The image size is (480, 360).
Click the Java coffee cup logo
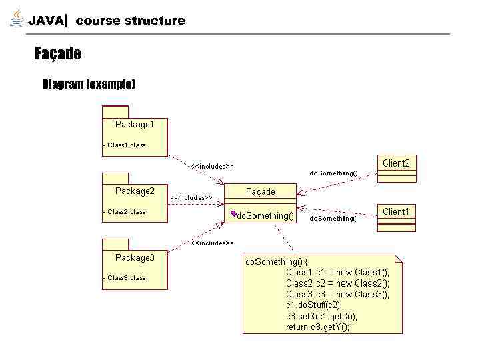[x=17, y=19]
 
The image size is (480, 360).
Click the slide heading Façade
[x=58, y=54]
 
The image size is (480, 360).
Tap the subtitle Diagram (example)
[x=89, y=84]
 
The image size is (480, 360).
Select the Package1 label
[x=135, y=124]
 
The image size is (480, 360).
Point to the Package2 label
[x=135, y=191]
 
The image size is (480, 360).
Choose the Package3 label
[x=135, y=257]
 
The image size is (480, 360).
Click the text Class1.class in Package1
[x=127, y=145]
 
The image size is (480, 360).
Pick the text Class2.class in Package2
[x=127, y=211]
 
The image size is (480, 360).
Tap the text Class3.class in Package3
[x=127, y=277]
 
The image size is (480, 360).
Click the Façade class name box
[x=260, y=192]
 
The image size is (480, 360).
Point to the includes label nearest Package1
[x=212, y=166]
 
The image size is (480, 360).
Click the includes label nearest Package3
[x=212, y=243]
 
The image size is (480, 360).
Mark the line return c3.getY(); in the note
[x=317, y=327]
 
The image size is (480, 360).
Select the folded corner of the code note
[x=399, y=258]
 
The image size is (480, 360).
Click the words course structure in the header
[x=130, y=21]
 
